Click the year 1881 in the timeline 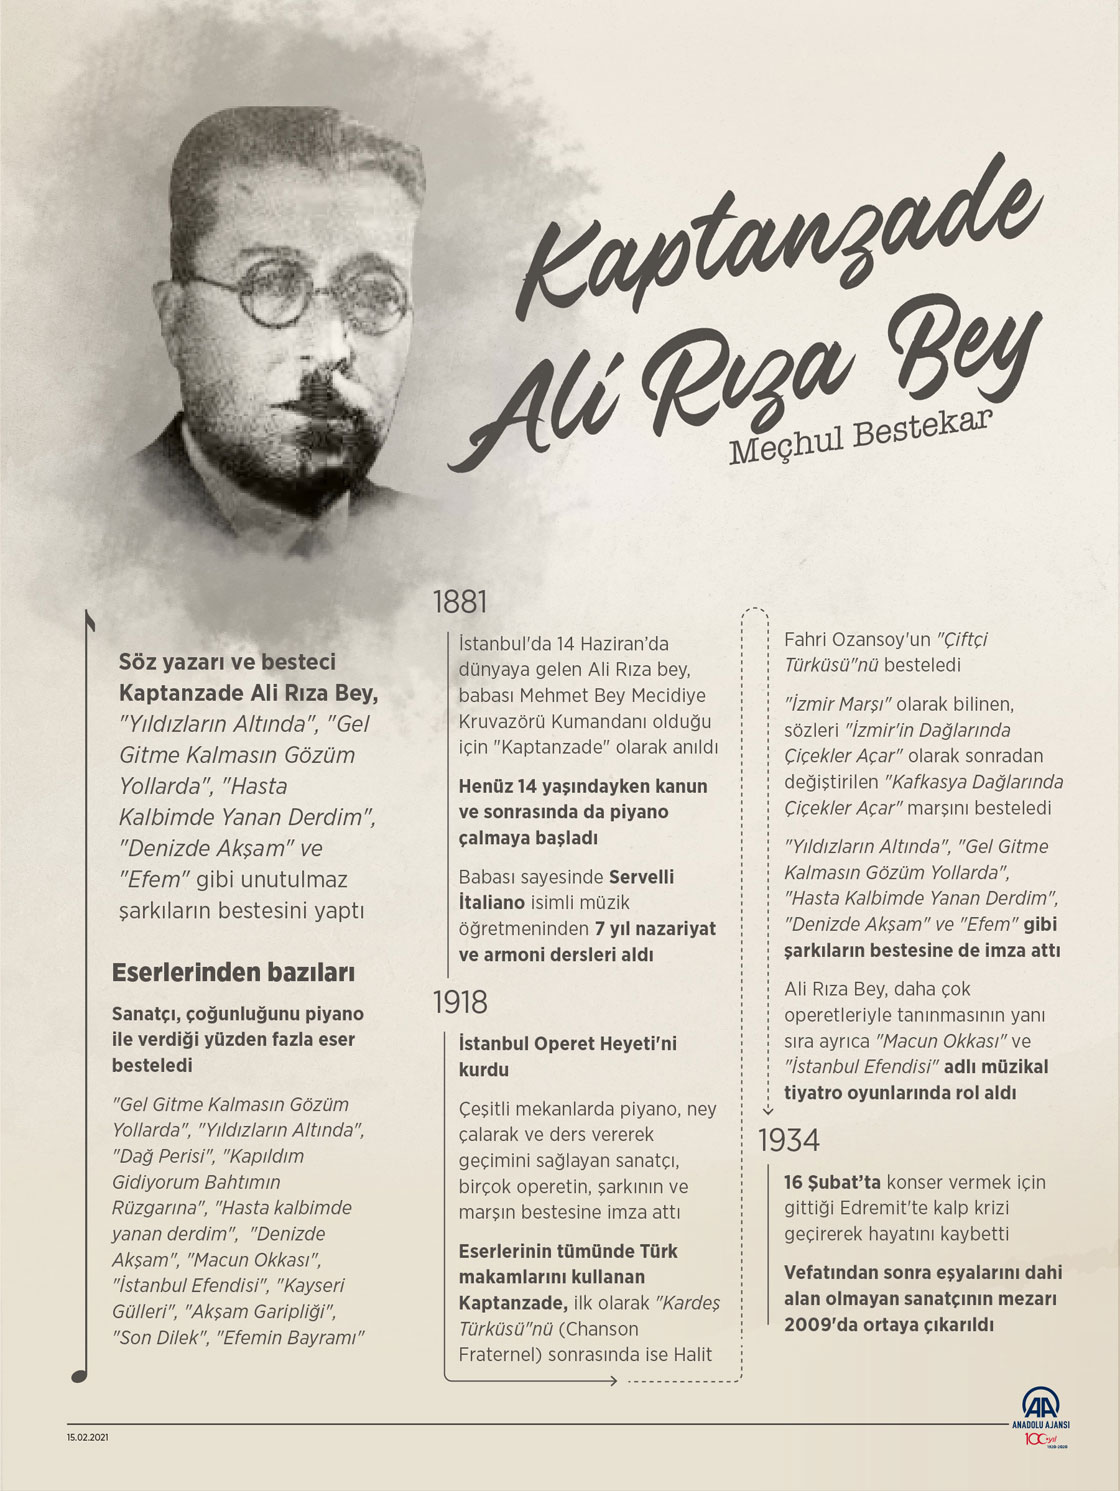(459, 602)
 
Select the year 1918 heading (460, 1002)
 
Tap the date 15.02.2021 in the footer (87, 1437)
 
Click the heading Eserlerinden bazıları (233, 972)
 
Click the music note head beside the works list (80, 1375)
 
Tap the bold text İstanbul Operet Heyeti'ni (567, 1043)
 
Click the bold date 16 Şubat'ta (832, 1182)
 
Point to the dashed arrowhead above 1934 (768, 1110)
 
